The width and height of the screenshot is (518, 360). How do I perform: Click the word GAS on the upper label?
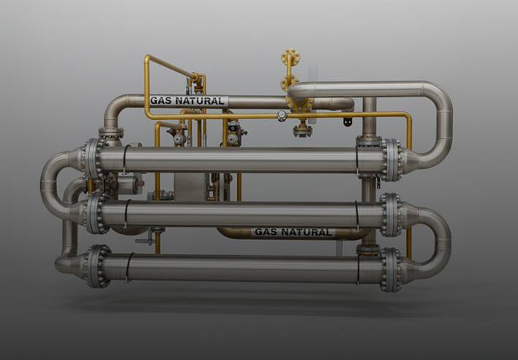[161, 101]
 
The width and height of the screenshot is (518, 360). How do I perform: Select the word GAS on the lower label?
[265, 233]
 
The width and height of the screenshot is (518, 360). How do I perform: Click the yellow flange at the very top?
[290, 58]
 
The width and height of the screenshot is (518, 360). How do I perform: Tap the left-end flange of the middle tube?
[96, 214]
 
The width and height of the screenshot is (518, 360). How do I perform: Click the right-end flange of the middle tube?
[391, 214]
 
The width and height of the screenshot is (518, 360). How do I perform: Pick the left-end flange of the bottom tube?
[96, 266]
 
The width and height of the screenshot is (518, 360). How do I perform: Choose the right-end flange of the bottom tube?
[391, 269]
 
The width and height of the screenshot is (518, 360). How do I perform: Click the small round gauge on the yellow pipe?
[282, 116]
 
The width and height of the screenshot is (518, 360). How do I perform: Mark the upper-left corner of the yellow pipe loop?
[147, 59]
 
